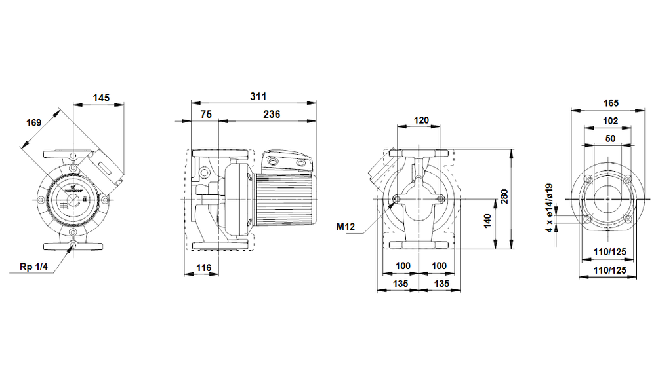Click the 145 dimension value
point(100,98)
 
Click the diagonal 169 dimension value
point(34,122)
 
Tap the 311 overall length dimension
point(258,96)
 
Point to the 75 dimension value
point(205,114)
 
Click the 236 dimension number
point(271,114)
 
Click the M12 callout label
point(345,227)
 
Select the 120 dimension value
point(420,120)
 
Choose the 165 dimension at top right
point(610,103)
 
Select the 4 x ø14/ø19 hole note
point(550,209)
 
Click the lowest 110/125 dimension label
point(609,269)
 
